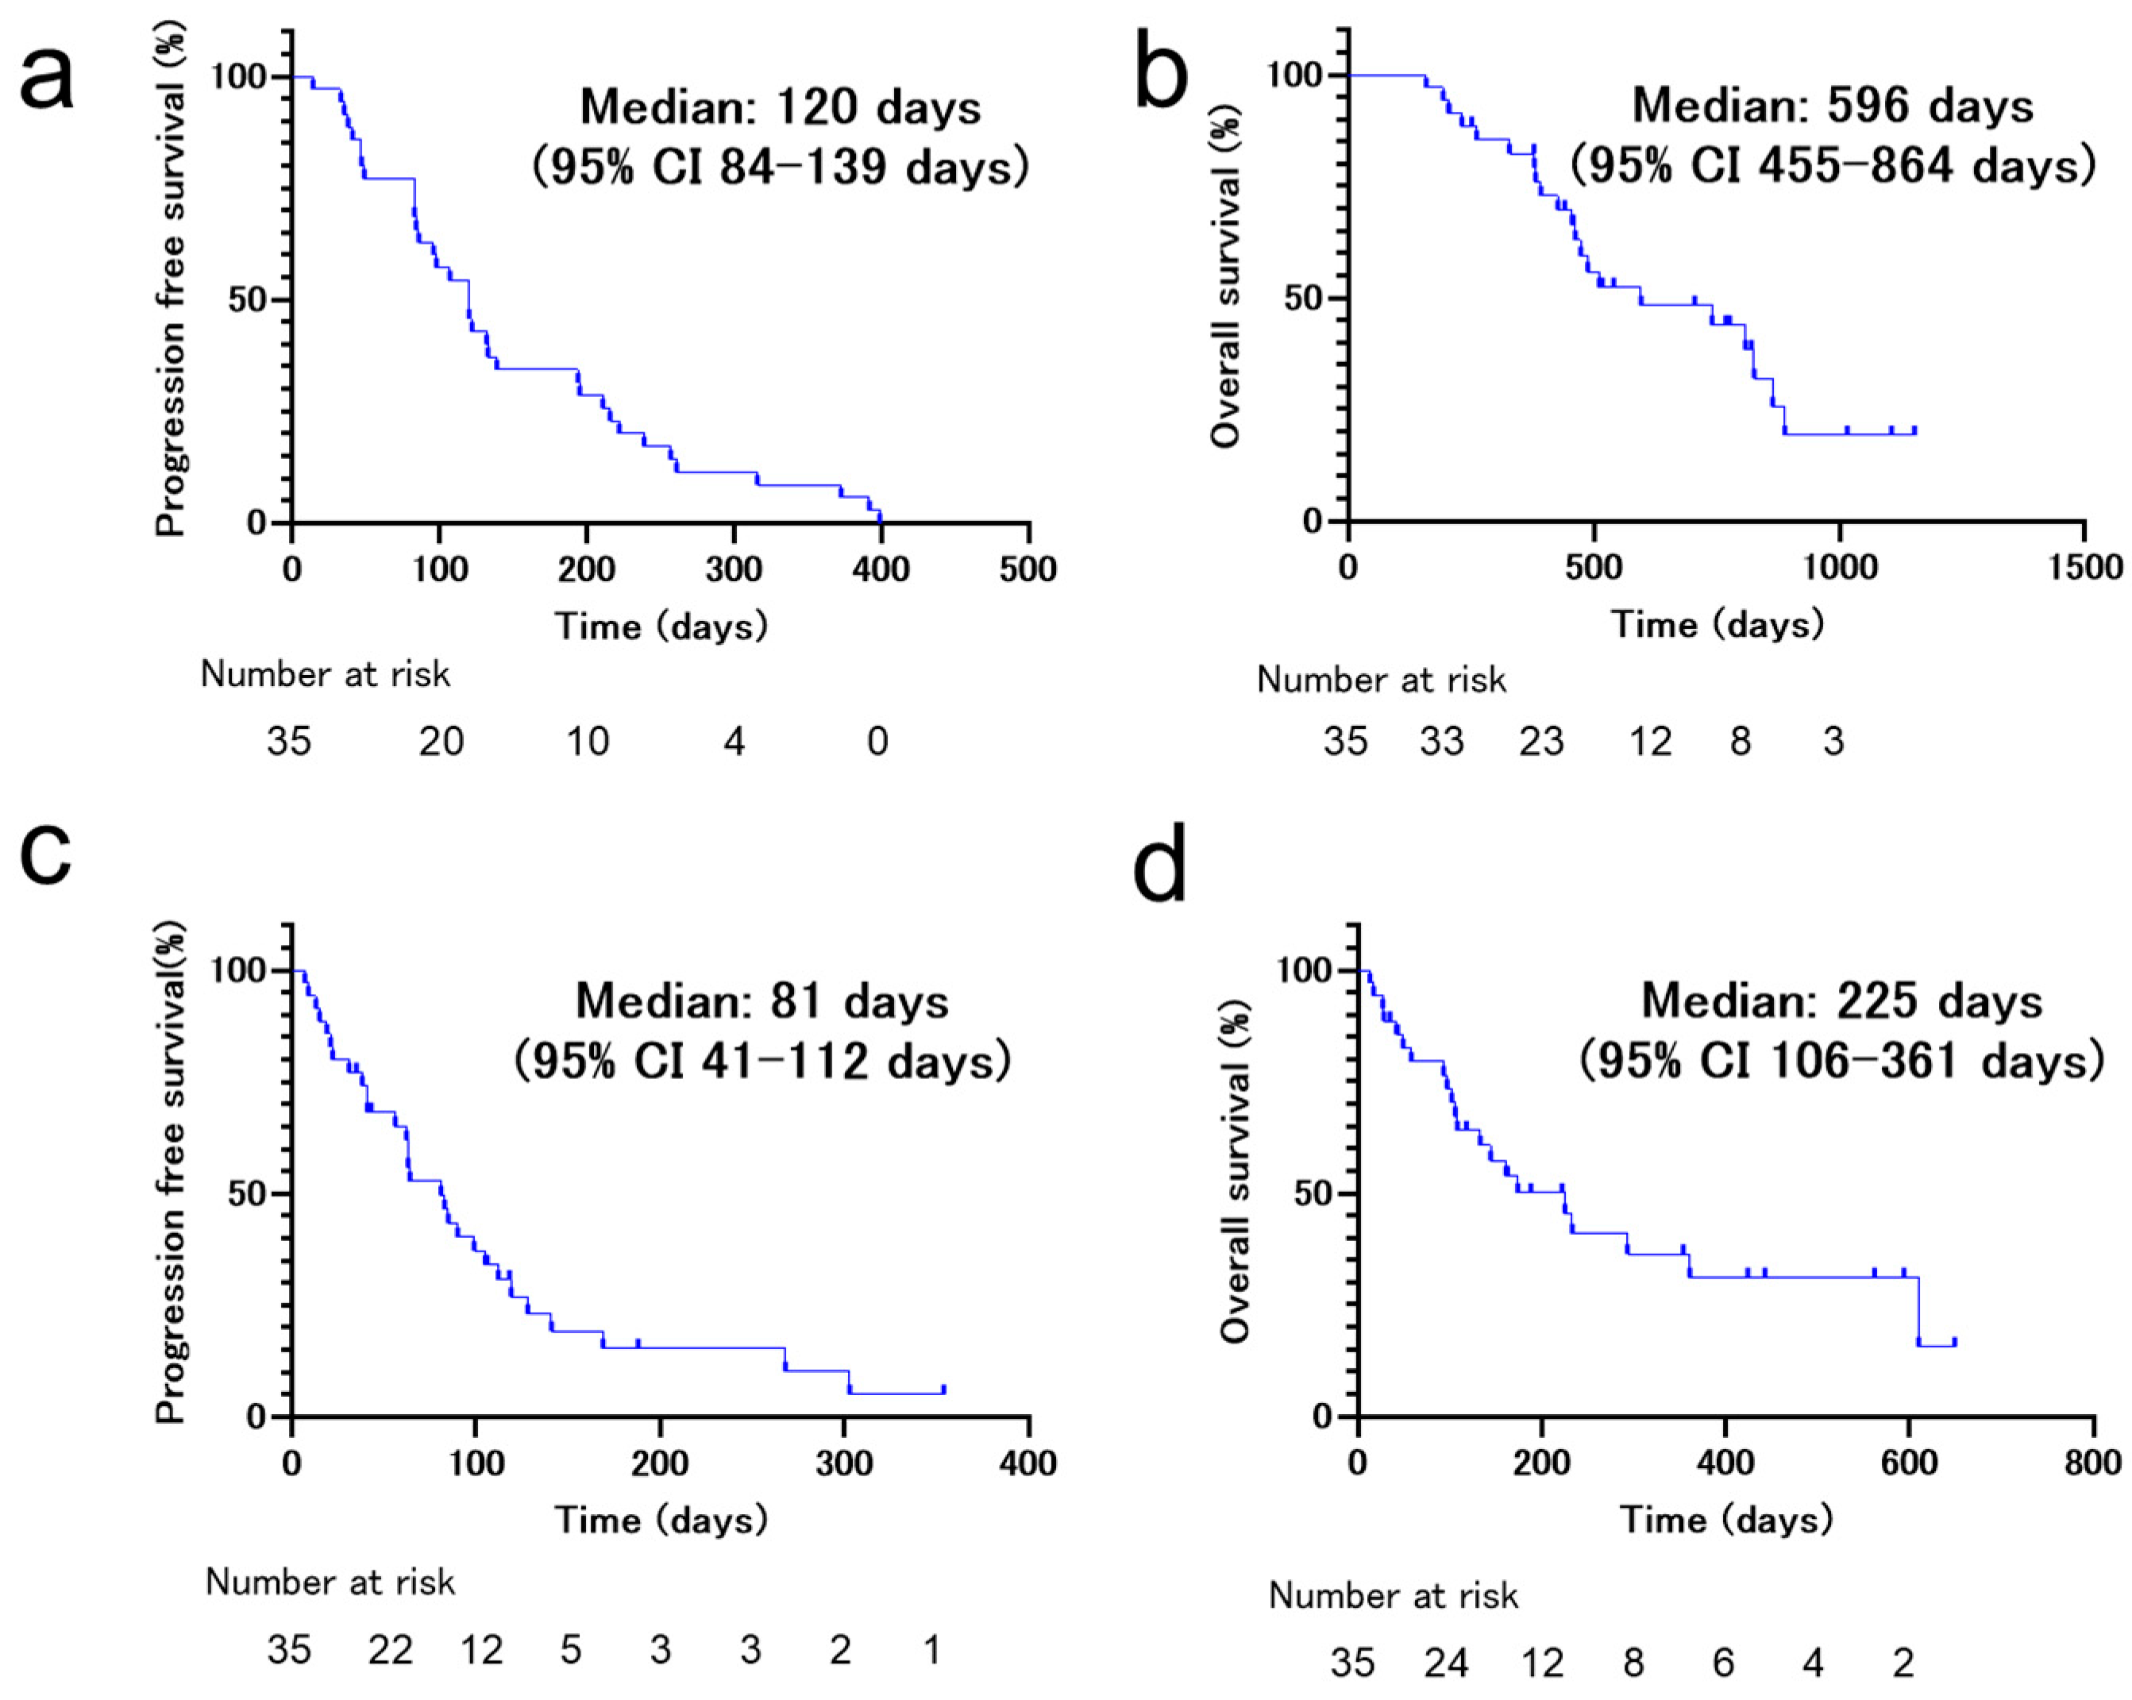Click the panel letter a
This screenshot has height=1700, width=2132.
47,79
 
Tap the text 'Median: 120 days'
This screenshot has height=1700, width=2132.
781,107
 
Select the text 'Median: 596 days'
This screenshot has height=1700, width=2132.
1833,105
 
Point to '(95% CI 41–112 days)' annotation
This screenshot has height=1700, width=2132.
762,1061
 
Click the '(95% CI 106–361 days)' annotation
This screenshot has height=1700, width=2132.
1841,1061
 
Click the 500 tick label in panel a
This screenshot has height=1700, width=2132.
1027,569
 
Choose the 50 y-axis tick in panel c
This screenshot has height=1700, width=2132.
247,1193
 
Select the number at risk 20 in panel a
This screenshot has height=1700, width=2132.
441,741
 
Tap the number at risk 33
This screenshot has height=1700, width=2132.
1442,741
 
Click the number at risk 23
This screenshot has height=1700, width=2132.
1542,741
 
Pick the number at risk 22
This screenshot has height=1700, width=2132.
391,1649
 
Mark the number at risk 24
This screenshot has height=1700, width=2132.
1446,1663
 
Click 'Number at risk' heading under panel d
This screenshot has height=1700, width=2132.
1394,1595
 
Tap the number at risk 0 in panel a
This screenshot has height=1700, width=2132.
878,741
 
